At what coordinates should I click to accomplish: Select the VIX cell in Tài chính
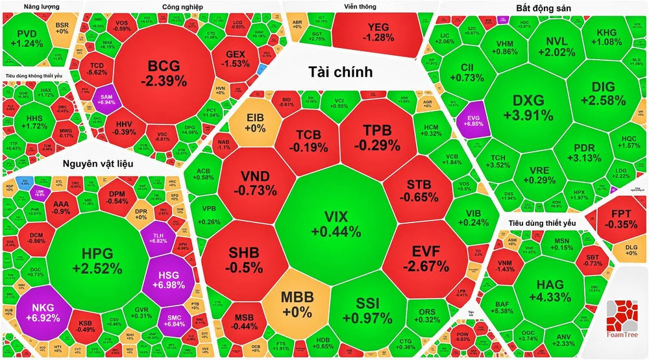[336, 224]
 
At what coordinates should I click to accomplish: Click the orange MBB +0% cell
[297, 304]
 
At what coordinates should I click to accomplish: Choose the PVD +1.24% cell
[30, 38]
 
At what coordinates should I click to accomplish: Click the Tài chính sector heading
[340, 72]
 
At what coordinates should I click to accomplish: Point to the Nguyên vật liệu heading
[97, 163]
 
